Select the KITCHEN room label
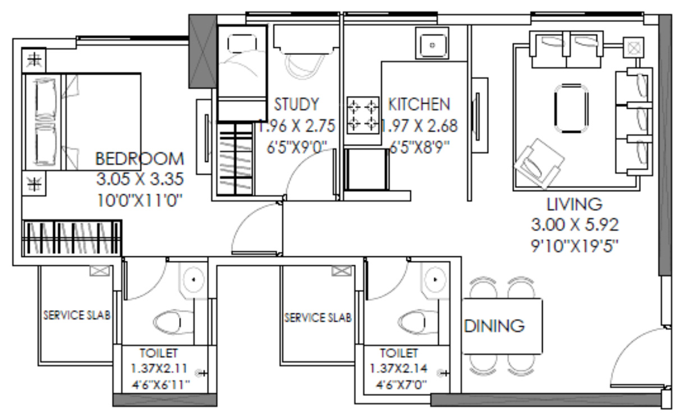[x=419, y=104]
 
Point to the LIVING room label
[x=574, y=204]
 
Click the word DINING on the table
[x=494, y=325]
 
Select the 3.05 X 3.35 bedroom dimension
[x=139, y=179]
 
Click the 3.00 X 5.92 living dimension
[x=574, y=225]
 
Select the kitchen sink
[x=431, y=43]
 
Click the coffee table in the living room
[x=571, y=108]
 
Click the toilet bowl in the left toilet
[x=167, y=322]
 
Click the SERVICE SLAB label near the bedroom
[x=77, y=315]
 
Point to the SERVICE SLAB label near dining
[x=318, y=317]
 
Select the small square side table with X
[x=633, y=47]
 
